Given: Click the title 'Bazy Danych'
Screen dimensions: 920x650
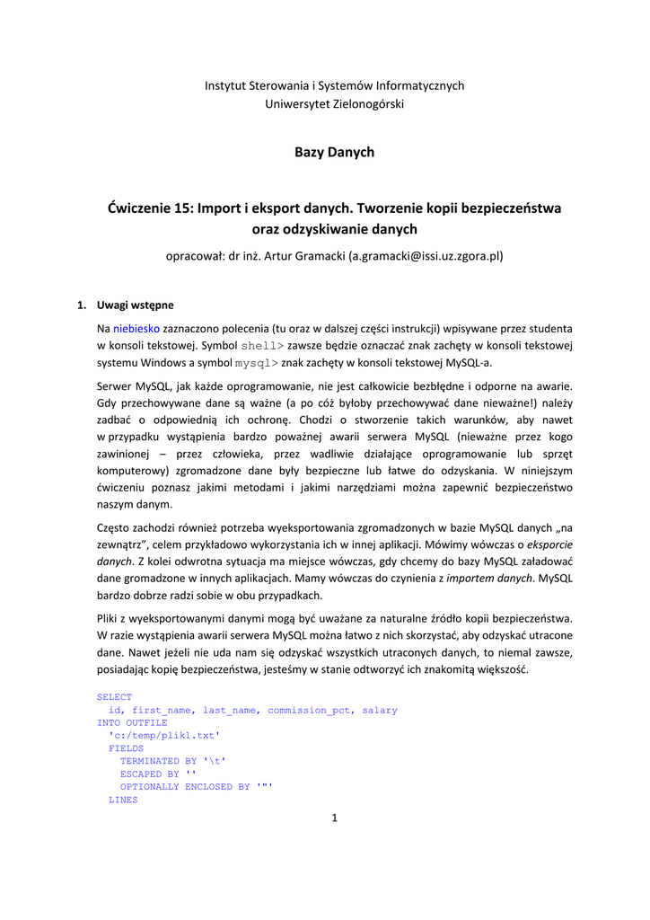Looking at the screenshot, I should click(334, 153).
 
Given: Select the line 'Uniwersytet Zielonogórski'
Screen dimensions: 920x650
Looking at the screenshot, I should click(334, 104).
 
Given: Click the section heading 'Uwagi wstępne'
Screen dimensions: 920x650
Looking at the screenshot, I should click(136, 305).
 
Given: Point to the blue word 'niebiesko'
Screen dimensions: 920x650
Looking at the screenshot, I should click(136, 329).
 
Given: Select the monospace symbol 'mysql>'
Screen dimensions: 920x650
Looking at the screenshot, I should click(257, 364).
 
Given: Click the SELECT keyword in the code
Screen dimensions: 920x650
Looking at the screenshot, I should click(114, 697).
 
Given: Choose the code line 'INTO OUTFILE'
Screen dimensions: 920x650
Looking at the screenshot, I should click(132, 722).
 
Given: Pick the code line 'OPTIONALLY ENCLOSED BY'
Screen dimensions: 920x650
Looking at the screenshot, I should click(196, 787).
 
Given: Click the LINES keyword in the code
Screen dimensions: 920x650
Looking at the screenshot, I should click(123, 800).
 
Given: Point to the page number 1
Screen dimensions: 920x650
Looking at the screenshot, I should click(334, 817).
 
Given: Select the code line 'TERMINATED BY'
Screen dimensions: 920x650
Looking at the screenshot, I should click(172, 761).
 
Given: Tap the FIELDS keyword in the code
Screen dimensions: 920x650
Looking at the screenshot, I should click(126, 748).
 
